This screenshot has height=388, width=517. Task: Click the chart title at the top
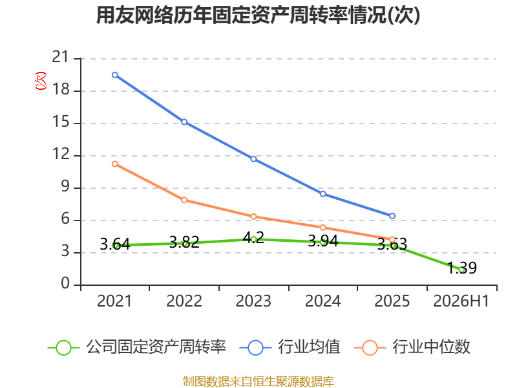pyautogui.click(x=258, y=15)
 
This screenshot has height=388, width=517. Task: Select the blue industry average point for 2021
pyautogui.click(x=115, y=75)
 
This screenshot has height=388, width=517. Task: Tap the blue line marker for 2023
pyautogui.click(x=253, y=159)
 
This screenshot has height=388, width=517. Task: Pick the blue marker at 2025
pyautogui.click(x=392, y=216)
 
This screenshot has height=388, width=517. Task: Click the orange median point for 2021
pyautogui.click(x=115, y=164)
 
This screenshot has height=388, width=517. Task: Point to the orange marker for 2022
pyautogui.click(x=184, y=200)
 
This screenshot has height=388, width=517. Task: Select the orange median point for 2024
pyautogui.click(x=323, y=228)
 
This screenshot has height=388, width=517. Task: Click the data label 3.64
pyautogui.click(x=115, y=244)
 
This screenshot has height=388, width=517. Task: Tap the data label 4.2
pyautogui.click(x=253, y=237)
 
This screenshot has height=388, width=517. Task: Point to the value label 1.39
pyautogui.click(x=462, y=268)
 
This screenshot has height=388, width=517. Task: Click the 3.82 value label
pyautogui.click(x=184, y=242)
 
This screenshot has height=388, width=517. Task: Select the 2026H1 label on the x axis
pyautogui.click(x=461, y=301)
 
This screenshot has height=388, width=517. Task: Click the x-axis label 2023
pyautogui.click(x=253, y=301)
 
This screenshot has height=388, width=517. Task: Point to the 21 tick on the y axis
pyautogui.click(x=61, y=58)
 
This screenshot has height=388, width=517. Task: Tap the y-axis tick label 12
pyautogui.click(x=61, y=154)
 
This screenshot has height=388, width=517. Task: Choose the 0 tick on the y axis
pyautogui.click(x=65, y=283)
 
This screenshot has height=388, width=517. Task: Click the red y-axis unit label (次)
pyautogui.click(x=41, y=81)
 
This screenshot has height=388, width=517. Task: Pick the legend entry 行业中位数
pyautogui.click(x=412, y=347)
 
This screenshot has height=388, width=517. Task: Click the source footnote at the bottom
pyautogui.click(x=258, y=382)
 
